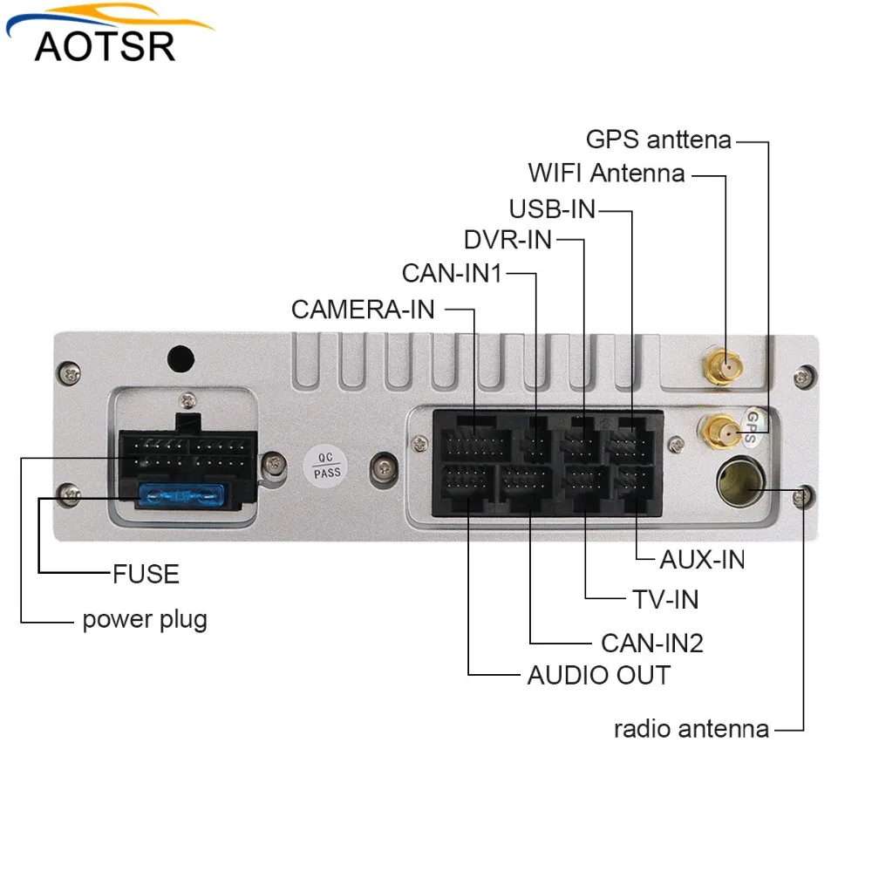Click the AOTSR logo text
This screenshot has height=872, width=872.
click(105, 44)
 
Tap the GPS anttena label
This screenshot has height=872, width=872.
click(658, 140)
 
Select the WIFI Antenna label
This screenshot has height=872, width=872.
click(606, 173)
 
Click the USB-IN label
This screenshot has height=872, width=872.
click(553, 209)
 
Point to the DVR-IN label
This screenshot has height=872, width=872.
click(508, 240)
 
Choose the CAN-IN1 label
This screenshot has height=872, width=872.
click(453, 273)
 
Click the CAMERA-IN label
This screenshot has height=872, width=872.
click(363, 310)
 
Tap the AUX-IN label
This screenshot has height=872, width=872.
click(702, 559)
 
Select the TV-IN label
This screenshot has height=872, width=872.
click(665, 599)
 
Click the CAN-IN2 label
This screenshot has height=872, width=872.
click(651, 644)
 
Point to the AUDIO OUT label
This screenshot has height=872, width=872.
click(598, 675)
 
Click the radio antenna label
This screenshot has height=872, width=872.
click(691, 729)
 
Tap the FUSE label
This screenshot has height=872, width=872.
click(146, 574)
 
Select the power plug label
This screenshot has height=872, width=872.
click(145, 620)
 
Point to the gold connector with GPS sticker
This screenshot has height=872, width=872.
click(717, 428)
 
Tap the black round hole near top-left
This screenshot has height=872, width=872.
click(180, 358)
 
